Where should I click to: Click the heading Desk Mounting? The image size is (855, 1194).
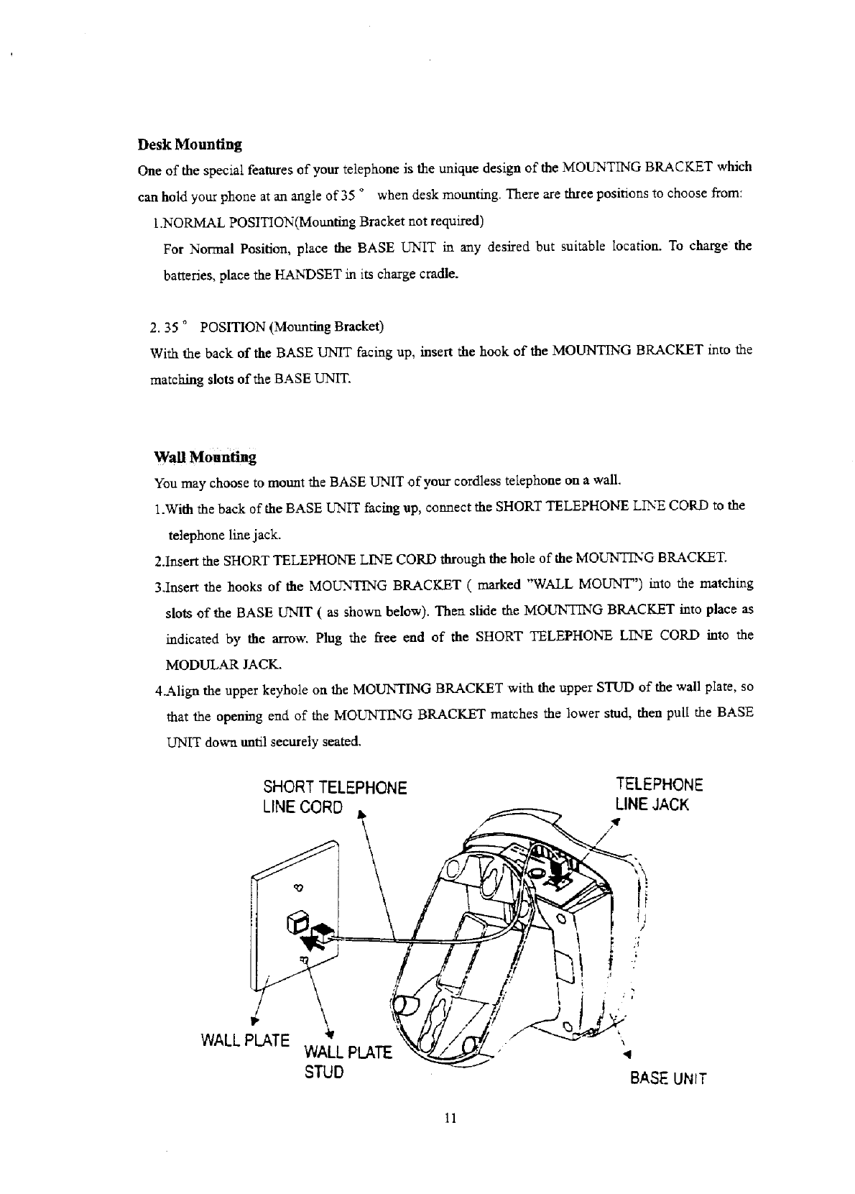189,144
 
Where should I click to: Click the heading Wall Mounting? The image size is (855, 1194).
205,457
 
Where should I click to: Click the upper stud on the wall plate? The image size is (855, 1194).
300,888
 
